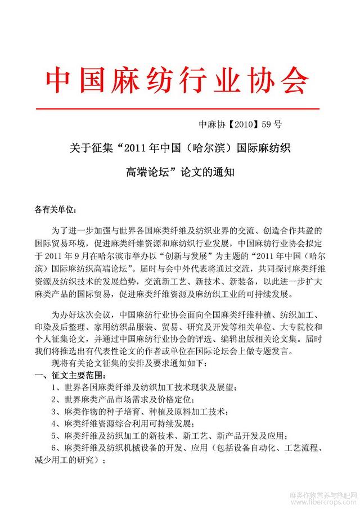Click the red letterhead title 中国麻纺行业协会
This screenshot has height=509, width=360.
tap(178, 81)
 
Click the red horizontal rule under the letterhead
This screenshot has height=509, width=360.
tap(178, 109)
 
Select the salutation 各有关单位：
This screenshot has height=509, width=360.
tap(55, 210)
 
